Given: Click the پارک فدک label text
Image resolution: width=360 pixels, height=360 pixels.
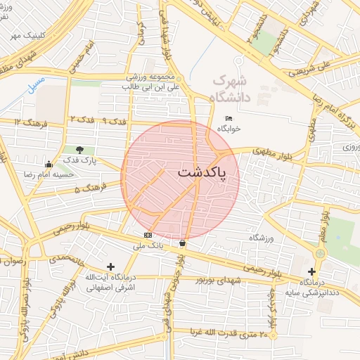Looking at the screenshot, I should point(98,160).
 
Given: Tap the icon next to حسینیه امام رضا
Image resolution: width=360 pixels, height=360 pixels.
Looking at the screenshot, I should point(48,163).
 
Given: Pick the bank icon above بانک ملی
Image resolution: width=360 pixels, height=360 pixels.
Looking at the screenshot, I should point(147,235).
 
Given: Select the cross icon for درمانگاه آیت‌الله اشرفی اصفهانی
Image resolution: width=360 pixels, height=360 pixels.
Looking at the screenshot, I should point(110,266).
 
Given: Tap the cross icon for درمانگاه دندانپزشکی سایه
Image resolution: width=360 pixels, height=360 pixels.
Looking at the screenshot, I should point(312,271).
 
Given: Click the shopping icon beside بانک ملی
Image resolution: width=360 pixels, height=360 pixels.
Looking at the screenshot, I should point(183,243).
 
